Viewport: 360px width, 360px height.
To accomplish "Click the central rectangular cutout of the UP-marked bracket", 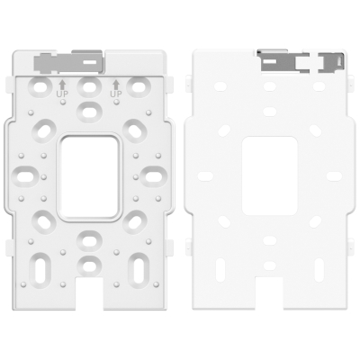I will (89, 176).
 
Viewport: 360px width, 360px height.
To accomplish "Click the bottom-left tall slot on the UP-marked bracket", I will (40, 269).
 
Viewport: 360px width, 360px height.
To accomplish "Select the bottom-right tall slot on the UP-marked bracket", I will (137, 269).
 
